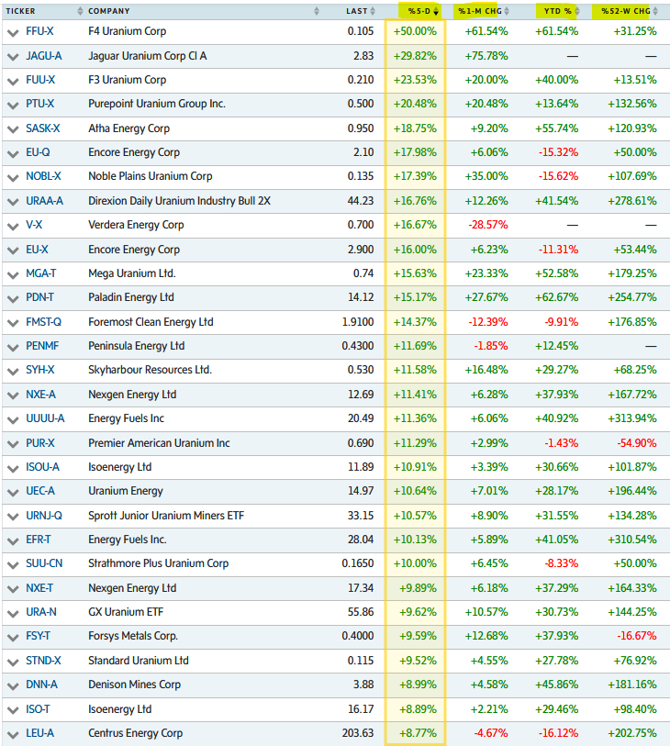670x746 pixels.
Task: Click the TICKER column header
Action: click(22, 11)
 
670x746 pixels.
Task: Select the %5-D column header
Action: click(419, 11)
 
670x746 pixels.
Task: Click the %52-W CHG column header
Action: click(626, 11)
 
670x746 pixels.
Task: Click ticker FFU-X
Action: click(39, 31)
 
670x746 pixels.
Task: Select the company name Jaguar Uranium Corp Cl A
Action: click(147, 56)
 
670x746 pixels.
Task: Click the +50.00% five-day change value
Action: click(415, 31)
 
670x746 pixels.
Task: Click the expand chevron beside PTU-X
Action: click(12, 105)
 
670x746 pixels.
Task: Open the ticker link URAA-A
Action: click(44, 201)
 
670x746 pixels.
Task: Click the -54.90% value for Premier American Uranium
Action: click(631, 443)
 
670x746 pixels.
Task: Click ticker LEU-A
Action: click(40, 733)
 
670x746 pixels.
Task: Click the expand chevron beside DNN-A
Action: click(12, 685)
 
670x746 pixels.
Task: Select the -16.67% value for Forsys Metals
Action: click(631, 637)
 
